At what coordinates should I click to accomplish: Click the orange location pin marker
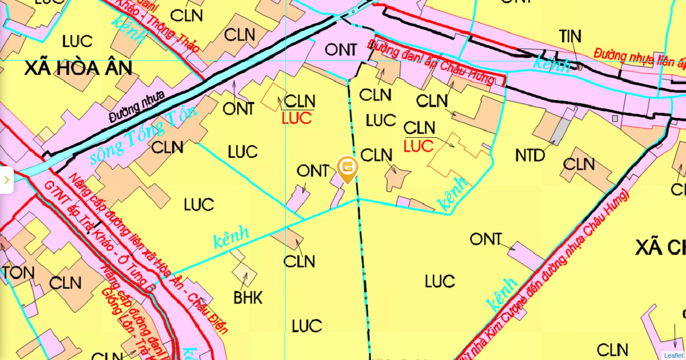[x=348, y=168]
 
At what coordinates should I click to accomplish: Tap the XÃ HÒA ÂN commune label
[x=78, y=69]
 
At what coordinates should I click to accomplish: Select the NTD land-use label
[x=530, y=155]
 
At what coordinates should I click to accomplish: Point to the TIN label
[x=570, y=37]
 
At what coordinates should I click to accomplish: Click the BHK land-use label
[x=248, y=297]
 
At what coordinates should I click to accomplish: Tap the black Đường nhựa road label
[x=137, y=107]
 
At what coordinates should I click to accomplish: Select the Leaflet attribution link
[x=673, y=355]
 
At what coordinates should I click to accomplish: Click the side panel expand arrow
[x=6, y=180]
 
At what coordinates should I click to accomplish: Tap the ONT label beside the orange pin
[x=313, y=170]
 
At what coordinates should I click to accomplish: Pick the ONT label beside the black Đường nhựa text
[x=238, y=108]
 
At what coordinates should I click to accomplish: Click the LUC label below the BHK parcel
[x=307, y=326]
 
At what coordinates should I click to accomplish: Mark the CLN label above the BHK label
[x=299, y=261]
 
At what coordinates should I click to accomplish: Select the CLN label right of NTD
[x=579, y=164]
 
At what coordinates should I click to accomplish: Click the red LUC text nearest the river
[x=297, y=118]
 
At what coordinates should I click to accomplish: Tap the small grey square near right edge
[x=615, y=118]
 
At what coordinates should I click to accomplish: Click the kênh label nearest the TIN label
[x=550, y=64]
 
